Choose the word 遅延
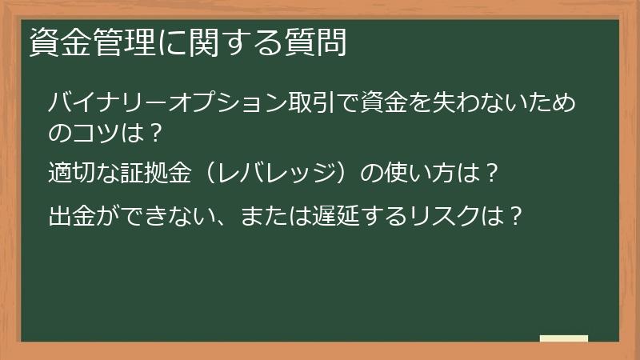337,216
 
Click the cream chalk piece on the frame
564,339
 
